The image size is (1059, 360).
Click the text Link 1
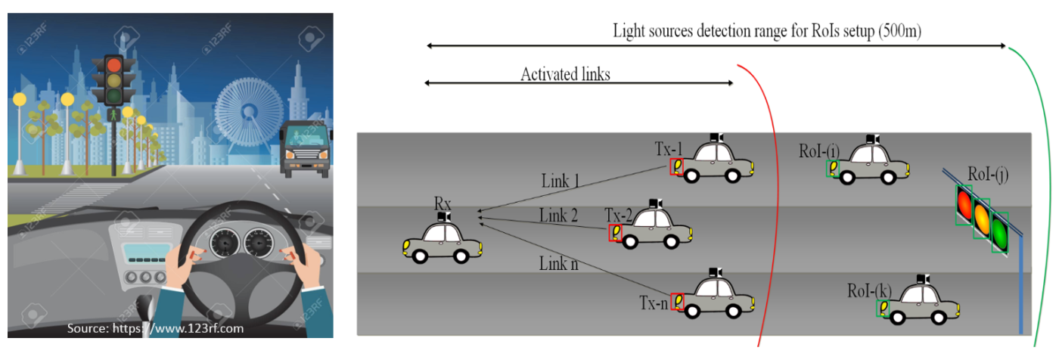[x=561, y=182]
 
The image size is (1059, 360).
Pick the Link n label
[x=558, y=264]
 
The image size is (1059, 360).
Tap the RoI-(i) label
[x=817, y=151]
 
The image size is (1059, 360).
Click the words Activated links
[x=565, y=74]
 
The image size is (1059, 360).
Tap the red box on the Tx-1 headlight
[x=676, y=167]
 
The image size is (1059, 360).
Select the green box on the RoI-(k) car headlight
[x=882, y=309]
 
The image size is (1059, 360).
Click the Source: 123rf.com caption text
[x=155, y=329]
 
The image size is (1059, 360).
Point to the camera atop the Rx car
[x=443, y=218]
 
